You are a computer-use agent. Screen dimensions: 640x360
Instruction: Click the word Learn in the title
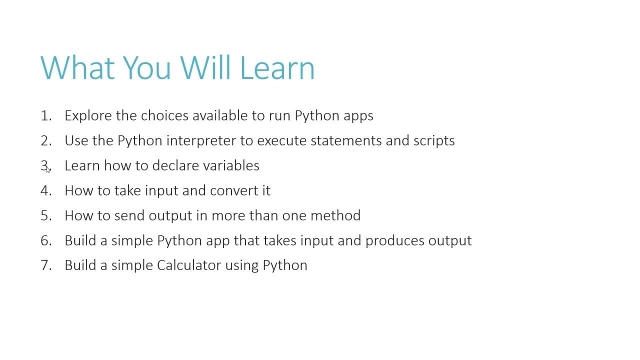(277, 68)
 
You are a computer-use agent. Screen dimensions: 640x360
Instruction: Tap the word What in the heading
(77, 68)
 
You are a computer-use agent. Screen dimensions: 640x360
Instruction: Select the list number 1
(46, 115)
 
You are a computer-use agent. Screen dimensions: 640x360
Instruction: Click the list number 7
(46, 265)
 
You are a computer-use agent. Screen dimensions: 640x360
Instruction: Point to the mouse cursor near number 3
(48, 170)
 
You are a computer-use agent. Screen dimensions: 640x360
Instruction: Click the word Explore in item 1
(88, 116)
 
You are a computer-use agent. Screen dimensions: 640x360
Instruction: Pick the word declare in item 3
(175, 165)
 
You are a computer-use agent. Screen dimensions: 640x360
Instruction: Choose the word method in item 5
(335, 215)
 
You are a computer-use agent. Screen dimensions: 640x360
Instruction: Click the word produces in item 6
(395, 241)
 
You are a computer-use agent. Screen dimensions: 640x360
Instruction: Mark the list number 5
(46, 215)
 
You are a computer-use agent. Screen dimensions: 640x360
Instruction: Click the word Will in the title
(205, 68)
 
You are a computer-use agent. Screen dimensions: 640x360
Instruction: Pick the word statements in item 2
(346, 141)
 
